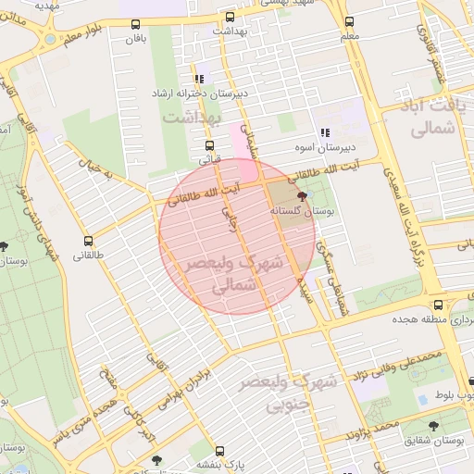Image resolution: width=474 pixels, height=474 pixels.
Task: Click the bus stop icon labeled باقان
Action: tap(137, 25)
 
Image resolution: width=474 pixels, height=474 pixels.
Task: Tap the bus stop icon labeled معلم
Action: tap(349, 22)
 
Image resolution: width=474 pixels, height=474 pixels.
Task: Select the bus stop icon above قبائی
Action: tap(209, 145)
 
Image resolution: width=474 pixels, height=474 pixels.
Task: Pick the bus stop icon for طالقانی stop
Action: tap(88, 240)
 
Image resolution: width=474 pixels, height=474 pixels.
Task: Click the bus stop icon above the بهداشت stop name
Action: tap(230, 16)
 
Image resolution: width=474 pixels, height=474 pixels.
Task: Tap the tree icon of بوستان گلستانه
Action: tap(302, 196)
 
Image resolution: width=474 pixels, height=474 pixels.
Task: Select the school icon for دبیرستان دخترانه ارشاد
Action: tap(199, 80)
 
